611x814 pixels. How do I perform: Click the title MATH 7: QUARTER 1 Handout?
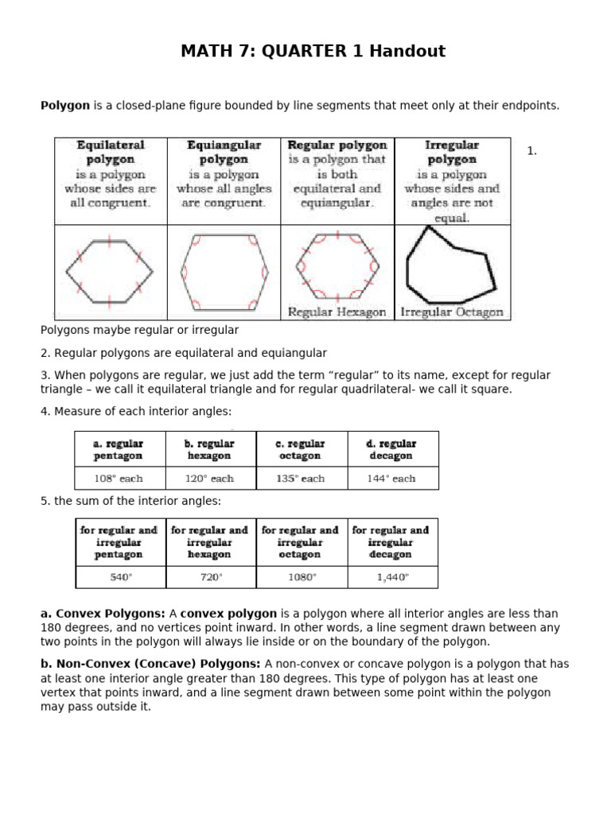click(x=313, y=52)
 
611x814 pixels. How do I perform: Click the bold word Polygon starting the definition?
click(x=64, y=106)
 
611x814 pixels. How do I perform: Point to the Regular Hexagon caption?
click(x=337, y=312)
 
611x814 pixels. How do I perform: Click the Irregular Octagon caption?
click(x=452, y=312)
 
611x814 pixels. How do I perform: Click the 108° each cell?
click(x=120, y=479)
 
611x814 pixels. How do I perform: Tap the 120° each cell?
click(x=211, y=479)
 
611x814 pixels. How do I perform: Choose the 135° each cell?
click(x=302, y=479)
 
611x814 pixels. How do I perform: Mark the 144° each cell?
click(x=392, y=479)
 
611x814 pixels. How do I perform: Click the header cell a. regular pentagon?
click(x=120, y=449)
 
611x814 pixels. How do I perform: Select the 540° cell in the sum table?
click(x=120, y=578)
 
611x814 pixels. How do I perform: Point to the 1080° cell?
click(x=302, y=578)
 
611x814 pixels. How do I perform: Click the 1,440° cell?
click(x=392, y=578)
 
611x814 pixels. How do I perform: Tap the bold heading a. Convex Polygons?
click(x=103, y=614)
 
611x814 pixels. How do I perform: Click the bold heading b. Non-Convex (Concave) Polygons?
click(x=150, y=664)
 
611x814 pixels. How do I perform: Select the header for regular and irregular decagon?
click(x=392, y=542)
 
